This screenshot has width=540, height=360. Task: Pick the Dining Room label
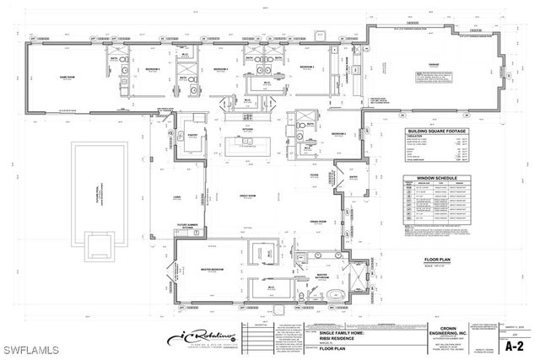coord(317,222)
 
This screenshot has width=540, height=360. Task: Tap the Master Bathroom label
coord(323,276)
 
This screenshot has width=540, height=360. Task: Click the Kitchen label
coord(247,129)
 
